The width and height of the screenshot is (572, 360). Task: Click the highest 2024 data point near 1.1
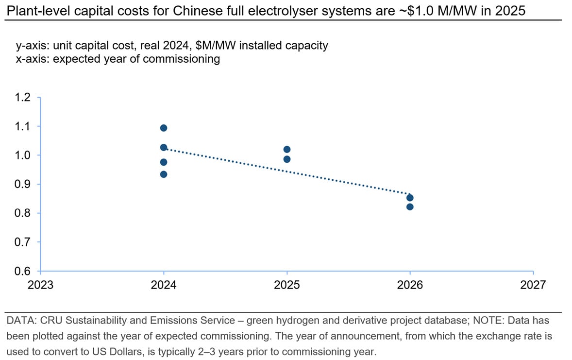pos(164,128)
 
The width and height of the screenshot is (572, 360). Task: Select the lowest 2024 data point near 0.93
pos(164,174)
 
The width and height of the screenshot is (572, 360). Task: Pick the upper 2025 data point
pos(286,149)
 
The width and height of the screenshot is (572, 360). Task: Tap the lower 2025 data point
pos(286,159)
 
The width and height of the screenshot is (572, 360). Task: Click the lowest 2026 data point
pos(410,206)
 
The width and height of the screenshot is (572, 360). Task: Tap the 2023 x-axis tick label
pos(40,285)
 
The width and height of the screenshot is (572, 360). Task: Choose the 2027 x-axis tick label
pos(533,285)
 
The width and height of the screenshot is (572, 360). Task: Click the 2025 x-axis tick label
pos(286,285)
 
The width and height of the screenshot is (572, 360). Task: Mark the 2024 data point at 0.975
pos(164,162)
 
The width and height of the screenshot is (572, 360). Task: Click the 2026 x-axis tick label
pos(410,285)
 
